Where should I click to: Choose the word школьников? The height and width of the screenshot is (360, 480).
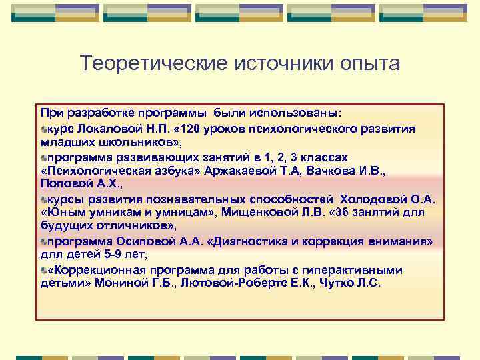pos(137,142)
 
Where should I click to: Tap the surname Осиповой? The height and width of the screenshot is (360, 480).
pos(141,241)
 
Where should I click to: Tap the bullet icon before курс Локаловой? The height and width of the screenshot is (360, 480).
pos(43,129)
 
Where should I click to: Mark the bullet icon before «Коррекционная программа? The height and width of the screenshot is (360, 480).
pos(43,271)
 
